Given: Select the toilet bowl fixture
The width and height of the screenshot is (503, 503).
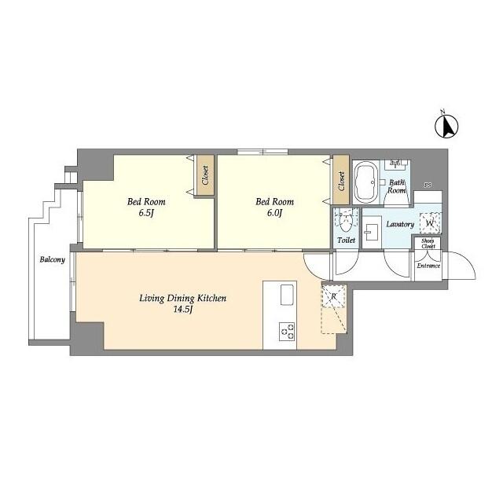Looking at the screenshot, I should (x=342, y=218).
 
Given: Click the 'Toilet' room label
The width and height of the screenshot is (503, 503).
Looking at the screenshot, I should (x=345, y=239).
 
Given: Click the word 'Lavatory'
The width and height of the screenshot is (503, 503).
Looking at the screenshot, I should (x=399, y=225).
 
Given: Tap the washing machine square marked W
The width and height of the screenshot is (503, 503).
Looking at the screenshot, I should (x=430, y=223).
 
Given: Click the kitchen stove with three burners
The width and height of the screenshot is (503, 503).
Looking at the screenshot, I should (x=286, y=332).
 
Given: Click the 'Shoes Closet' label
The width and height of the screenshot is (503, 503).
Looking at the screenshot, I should (x=428, y=244).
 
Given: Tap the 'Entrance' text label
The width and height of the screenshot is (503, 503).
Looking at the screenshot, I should (x=428, y=266).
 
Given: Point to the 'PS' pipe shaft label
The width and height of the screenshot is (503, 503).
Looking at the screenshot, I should (x=428, y=185).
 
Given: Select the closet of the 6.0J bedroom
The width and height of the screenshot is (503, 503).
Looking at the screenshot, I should (x=341, y=181).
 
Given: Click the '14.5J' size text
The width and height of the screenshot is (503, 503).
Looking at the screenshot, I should (x=183, y=310).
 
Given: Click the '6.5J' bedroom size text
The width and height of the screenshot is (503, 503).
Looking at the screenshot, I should (x=147, y=213).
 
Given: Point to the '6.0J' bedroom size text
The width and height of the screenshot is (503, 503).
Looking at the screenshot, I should (x=274, y=213).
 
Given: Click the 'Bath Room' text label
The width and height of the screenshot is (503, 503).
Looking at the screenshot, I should (x=398, y=186).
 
